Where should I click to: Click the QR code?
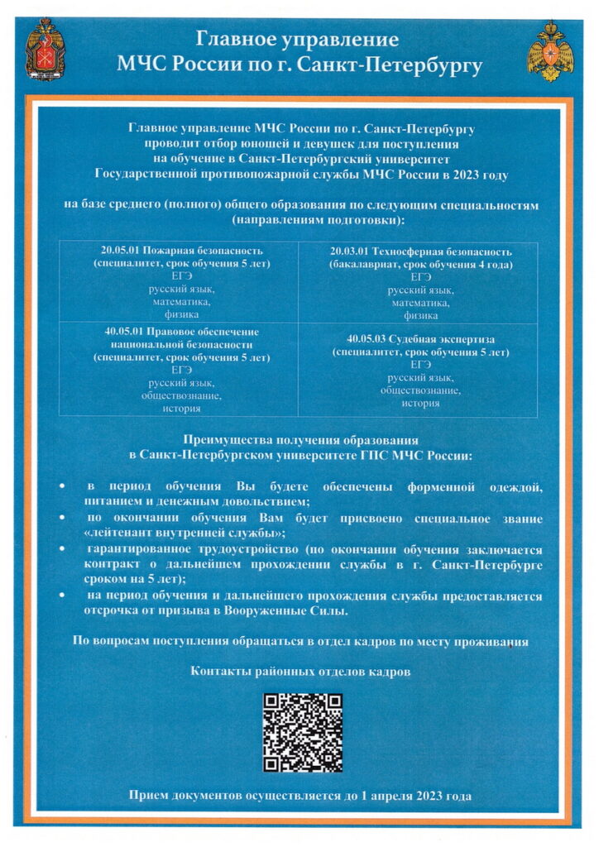pos(302,732)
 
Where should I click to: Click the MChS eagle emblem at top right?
pos(550,50)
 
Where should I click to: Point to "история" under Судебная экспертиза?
pos(420,404)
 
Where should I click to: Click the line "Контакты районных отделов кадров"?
pos(300,671)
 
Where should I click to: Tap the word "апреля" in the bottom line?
pos(398,795)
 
